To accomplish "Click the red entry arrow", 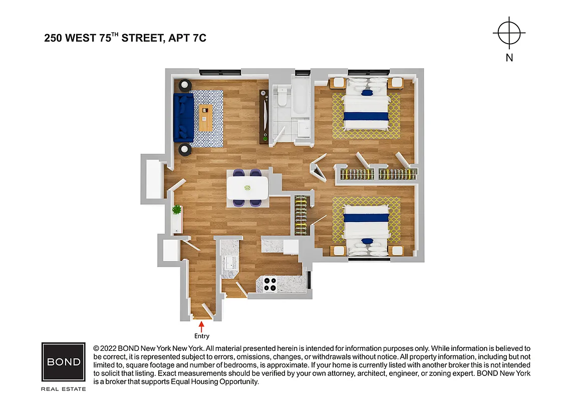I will click(202, 327).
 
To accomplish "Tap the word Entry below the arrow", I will click(202, 336).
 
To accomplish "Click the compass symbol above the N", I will click(509, 33).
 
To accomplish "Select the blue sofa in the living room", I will click(183, 118).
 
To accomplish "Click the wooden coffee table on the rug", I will click(205, 118).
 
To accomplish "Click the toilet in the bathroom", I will click(282, 97).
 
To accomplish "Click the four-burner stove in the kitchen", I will click(270, 284).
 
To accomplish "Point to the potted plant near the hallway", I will click(176, 210).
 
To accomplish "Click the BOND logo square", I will click(64, 362).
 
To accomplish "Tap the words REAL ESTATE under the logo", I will click(64, 388).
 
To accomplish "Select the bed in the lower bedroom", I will click(366, 228).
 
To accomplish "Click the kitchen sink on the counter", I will click(230, 263).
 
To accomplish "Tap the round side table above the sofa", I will click(185, 85).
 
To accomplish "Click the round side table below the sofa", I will click(185, 149).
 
